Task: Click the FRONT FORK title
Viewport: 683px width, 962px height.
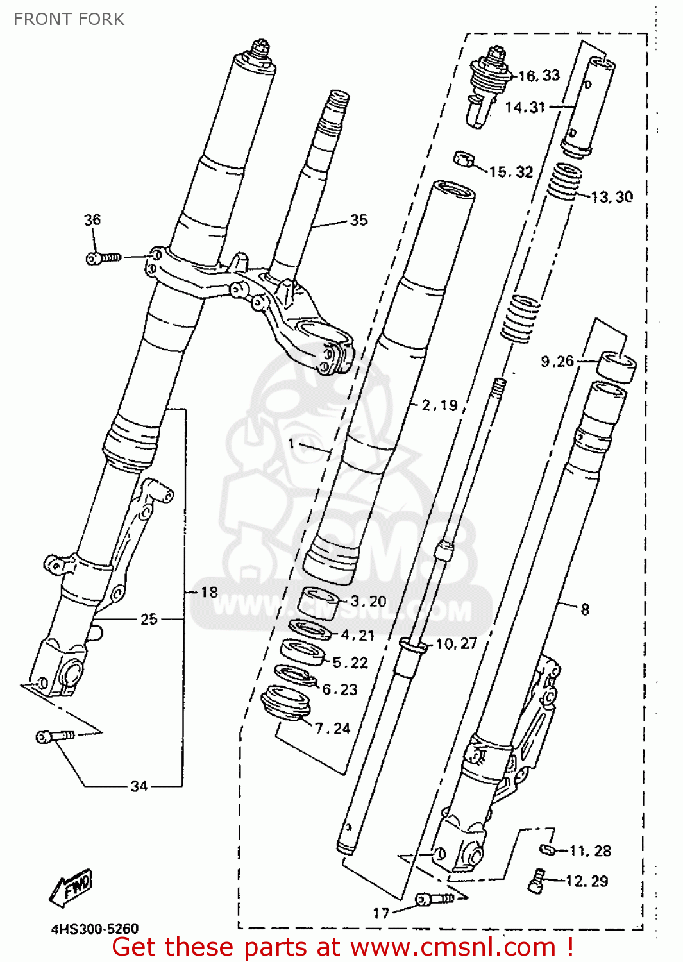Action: (69, 19)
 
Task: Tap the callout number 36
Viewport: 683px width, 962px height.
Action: (92, 220)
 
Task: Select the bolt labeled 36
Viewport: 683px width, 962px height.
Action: (103, 258)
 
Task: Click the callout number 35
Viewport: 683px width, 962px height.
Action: (358, 220)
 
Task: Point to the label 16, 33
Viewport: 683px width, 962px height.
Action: (539, 76)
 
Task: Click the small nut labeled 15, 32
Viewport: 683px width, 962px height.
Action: (464, 158)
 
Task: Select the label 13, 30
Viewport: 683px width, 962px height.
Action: (612, 197)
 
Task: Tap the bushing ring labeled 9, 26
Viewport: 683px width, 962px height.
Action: (617, 366)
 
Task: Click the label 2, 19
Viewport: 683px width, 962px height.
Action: (439, 405)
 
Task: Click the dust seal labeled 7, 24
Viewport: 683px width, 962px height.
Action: (287, 702)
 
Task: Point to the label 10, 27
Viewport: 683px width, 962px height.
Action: (456, 643)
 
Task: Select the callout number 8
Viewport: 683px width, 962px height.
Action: (584, 609)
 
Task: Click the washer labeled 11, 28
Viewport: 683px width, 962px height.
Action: (547, 850)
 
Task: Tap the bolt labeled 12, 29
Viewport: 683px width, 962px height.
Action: (536, 880)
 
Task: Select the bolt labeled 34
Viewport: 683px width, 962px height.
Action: (55, 736)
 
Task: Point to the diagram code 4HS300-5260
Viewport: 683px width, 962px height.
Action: (94, 929)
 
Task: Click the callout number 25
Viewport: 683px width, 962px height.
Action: (149, 619)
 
